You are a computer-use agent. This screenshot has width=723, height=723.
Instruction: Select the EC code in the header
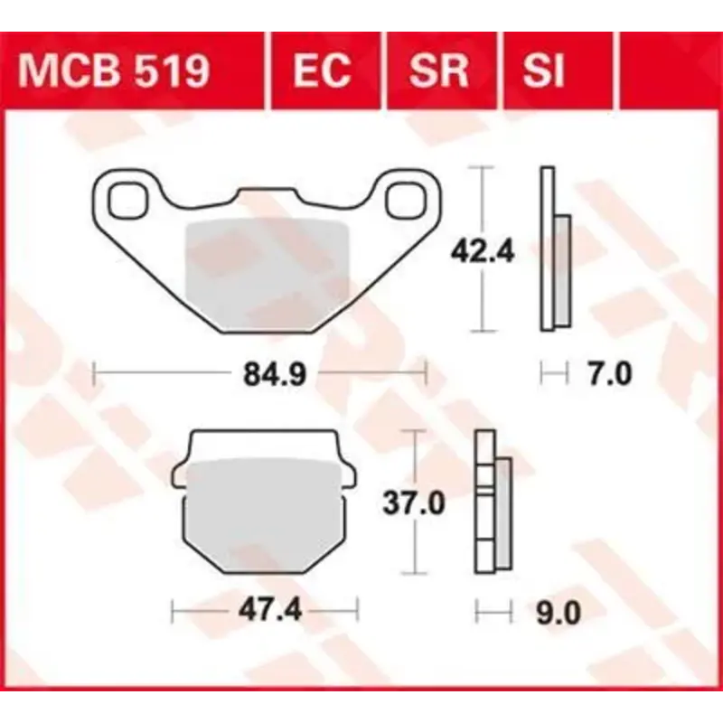[x=323, y=70]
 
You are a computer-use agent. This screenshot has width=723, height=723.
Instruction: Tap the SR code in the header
[x=438, y=70]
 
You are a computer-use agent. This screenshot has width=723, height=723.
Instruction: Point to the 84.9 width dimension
[x=259, y=372]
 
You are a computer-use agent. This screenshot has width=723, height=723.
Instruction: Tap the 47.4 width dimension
[x=264, y=612]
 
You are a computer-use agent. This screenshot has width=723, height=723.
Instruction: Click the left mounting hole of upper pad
[x=130, y=201]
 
